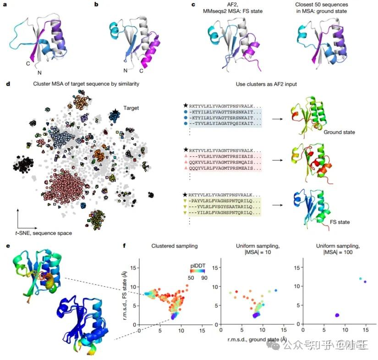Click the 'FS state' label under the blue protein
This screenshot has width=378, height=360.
point(340,222)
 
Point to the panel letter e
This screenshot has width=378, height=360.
point(7,246)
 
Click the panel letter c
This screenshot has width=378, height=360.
point(193,5)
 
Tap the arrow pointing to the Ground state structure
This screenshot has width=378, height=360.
point(276,118)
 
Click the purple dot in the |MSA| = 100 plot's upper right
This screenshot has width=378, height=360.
point(365,282)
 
